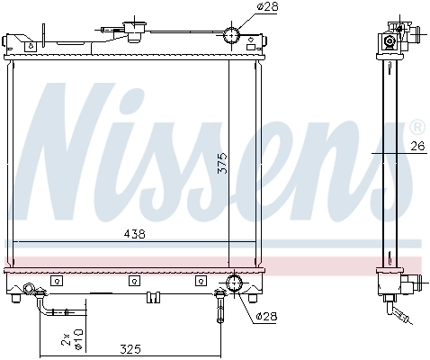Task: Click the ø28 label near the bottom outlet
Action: click(265, 317)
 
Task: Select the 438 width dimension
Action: click(133, 233)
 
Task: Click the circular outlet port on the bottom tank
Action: click(236, 284)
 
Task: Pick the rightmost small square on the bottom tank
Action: click(197, 281)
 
